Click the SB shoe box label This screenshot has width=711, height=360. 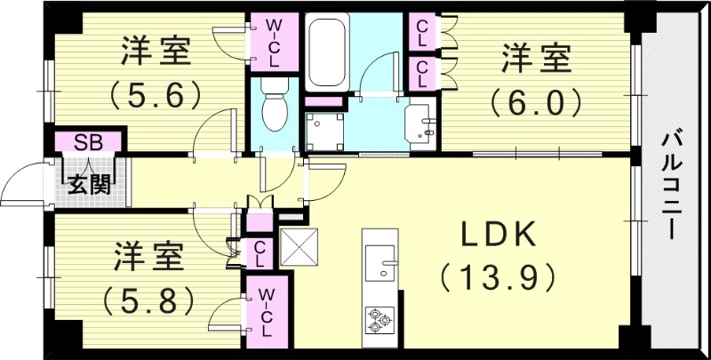(x=87, y=141)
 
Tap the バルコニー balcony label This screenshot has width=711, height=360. (x=674, y=183)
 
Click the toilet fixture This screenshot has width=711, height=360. (x=276, y=106)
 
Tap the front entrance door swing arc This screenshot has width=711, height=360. (x=22, y=182)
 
